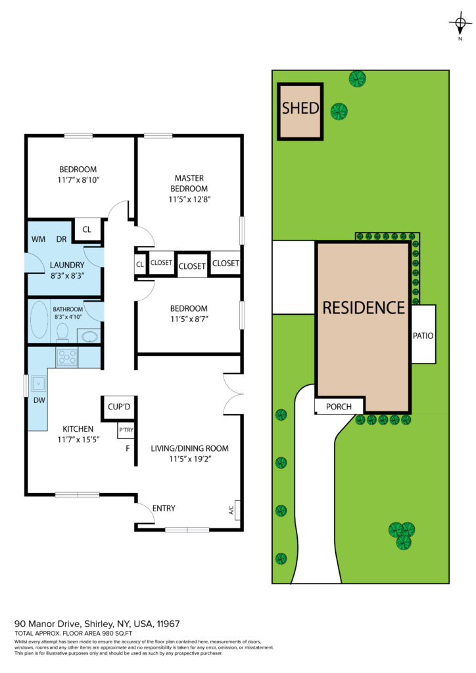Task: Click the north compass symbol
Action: (x=460, y=24)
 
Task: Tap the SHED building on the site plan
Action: (x=300, y=112)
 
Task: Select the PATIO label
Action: (x=423, y=336)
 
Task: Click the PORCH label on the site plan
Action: (x=339, y=406)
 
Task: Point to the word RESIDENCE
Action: (x=364, y=308)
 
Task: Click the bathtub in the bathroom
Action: (x=39, y=320)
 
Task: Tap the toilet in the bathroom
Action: (x=62, y=333)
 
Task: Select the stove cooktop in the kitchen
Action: (x=67, y=358)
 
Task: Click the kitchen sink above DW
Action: (x=38, y=383)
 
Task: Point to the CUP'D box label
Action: (x=119, y=407)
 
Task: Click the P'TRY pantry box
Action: (x=126, y=430)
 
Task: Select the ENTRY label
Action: (x=164, y=508)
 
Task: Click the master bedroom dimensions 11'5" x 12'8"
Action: (x=189, y=199)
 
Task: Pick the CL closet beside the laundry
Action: (x=87, y=229)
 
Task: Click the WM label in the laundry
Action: (x=38, y=239)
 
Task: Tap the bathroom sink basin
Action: (x=89, y=336)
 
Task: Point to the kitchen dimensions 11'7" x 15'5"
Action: (x=78, y=439)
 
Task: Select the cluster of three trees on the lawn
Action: (x=402, y=535)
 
